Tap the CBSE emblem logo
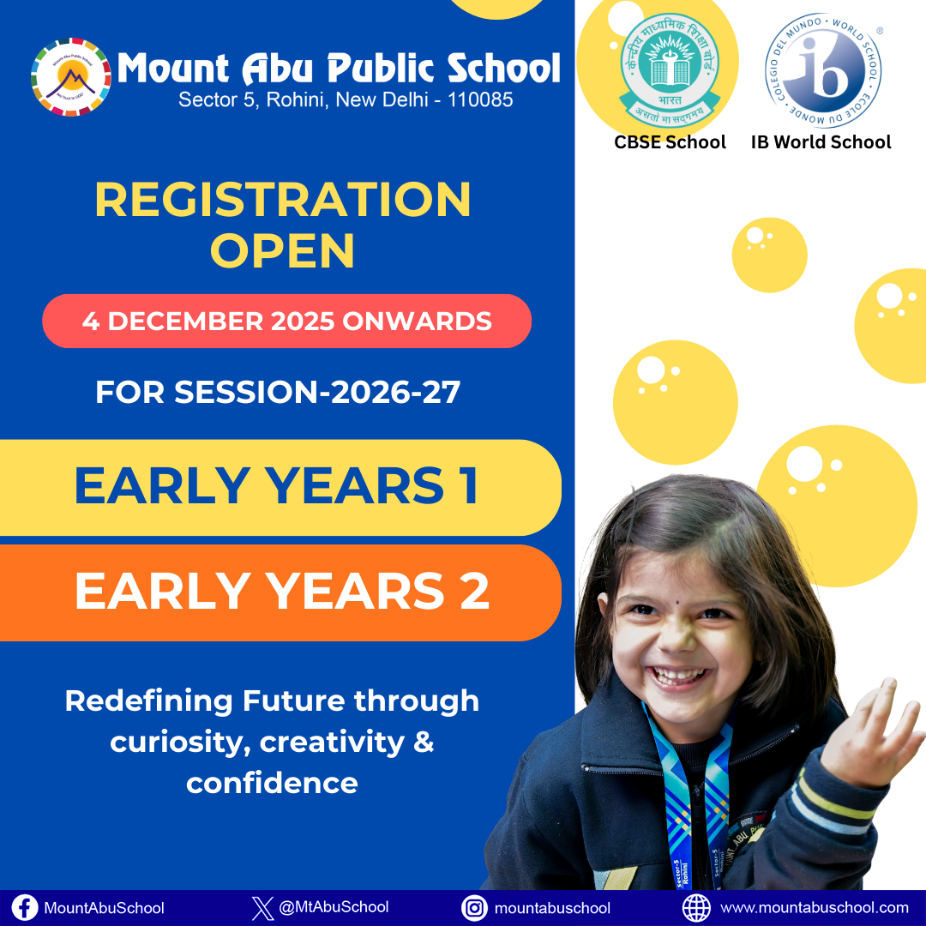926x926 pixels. tap(670, 69)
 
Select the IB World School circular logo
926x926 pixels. tap(823, 71)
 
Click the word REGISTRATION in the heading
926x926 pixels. tap(282, 200)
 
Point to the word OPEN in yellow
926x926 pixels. tap(282, 250)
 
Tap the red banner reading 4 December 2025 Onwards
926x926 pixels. tap(286, 322)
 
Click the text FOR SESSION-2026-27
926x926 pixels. tap(278, 392)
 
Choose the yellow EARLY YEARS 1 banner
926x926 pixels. tap(277, 487)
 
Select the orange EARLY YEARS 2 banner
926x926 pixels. tap(280, 592)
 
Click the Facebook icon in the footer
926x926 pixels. tap(25, 907)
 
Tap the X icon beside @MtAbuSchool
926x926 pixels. tap(263, 907)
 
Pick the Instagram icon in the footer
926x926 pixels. tap(473, 907)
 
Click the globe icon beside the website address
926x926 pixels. tap(696, 907)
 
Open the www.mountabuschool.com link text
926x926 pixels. tap(814, 907)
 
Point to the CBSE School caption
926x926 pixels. tap(670, 142)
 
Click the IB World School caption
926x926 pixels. tap(821, 142)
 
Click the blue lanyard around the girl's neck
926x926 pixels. tap(685, 797)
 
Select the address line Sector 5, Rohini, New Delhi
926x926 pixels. tap(346, 99)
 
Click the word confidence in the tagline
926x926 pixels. tap(272, 783)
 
